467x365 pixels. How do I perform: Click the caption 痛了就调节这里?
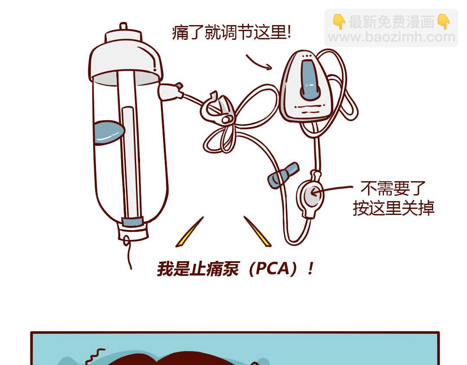click(231, 32)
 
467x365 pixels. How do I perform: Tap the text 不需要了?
click(393, 188)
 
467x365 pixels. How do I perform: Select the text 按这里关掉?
click(393, 208)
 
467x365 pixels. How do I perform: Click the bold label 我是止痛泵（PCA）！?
click(235, 269)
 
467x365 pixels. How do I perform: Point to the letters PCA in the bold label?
click(272, 269)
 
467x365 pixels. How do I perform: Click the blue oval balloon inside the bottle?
click(109, 132)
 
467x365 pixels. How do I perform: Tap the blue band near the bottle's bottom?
click(133, 222)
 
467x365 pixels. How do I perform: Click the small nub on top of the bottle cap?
click(123, 26)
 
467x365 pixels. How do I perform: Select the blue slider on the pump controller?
click(310, 80)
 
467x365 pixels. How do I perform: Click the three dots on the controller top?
click(307, 56)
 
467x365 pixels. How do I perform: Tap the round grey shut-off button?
click(312, 195)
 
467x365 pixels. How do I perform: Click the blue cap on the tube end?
click(283, 176)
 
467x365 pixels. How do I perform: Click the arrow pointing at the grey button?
click(332, 189)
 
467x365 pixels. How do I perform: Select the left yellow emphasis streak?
click(189, 232)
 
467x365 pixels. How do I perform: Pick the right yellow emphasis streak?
click(258, 231)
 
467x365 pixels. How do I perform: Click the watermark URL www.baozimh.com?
click(391, 37)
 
